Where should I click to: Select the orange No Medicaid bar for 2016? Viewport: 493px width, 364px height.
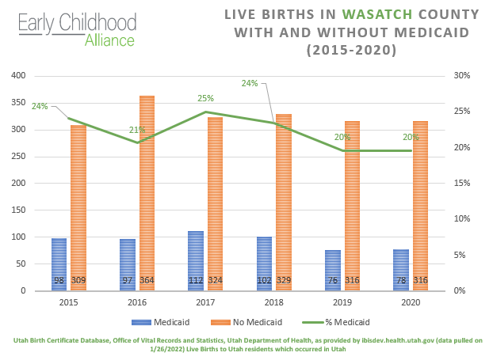(x=147, y=190)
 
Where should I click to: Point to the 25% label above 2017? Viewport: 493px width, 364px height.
(x=206, y=99)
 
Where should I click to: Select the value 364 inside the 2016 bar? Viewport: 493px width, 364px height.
(x=147, y=281)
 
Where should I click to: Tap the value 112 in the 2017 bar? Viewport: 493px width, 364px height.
(x=196, y=281)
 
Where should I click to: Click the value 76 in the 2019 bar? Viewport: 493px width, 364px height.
(x=333, y=281)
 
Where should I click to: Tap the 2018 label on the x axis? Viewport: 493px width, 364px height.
(x=273, y=301)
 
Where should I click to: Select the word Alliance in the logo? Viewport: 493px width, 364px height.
(x=109, y=39)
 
